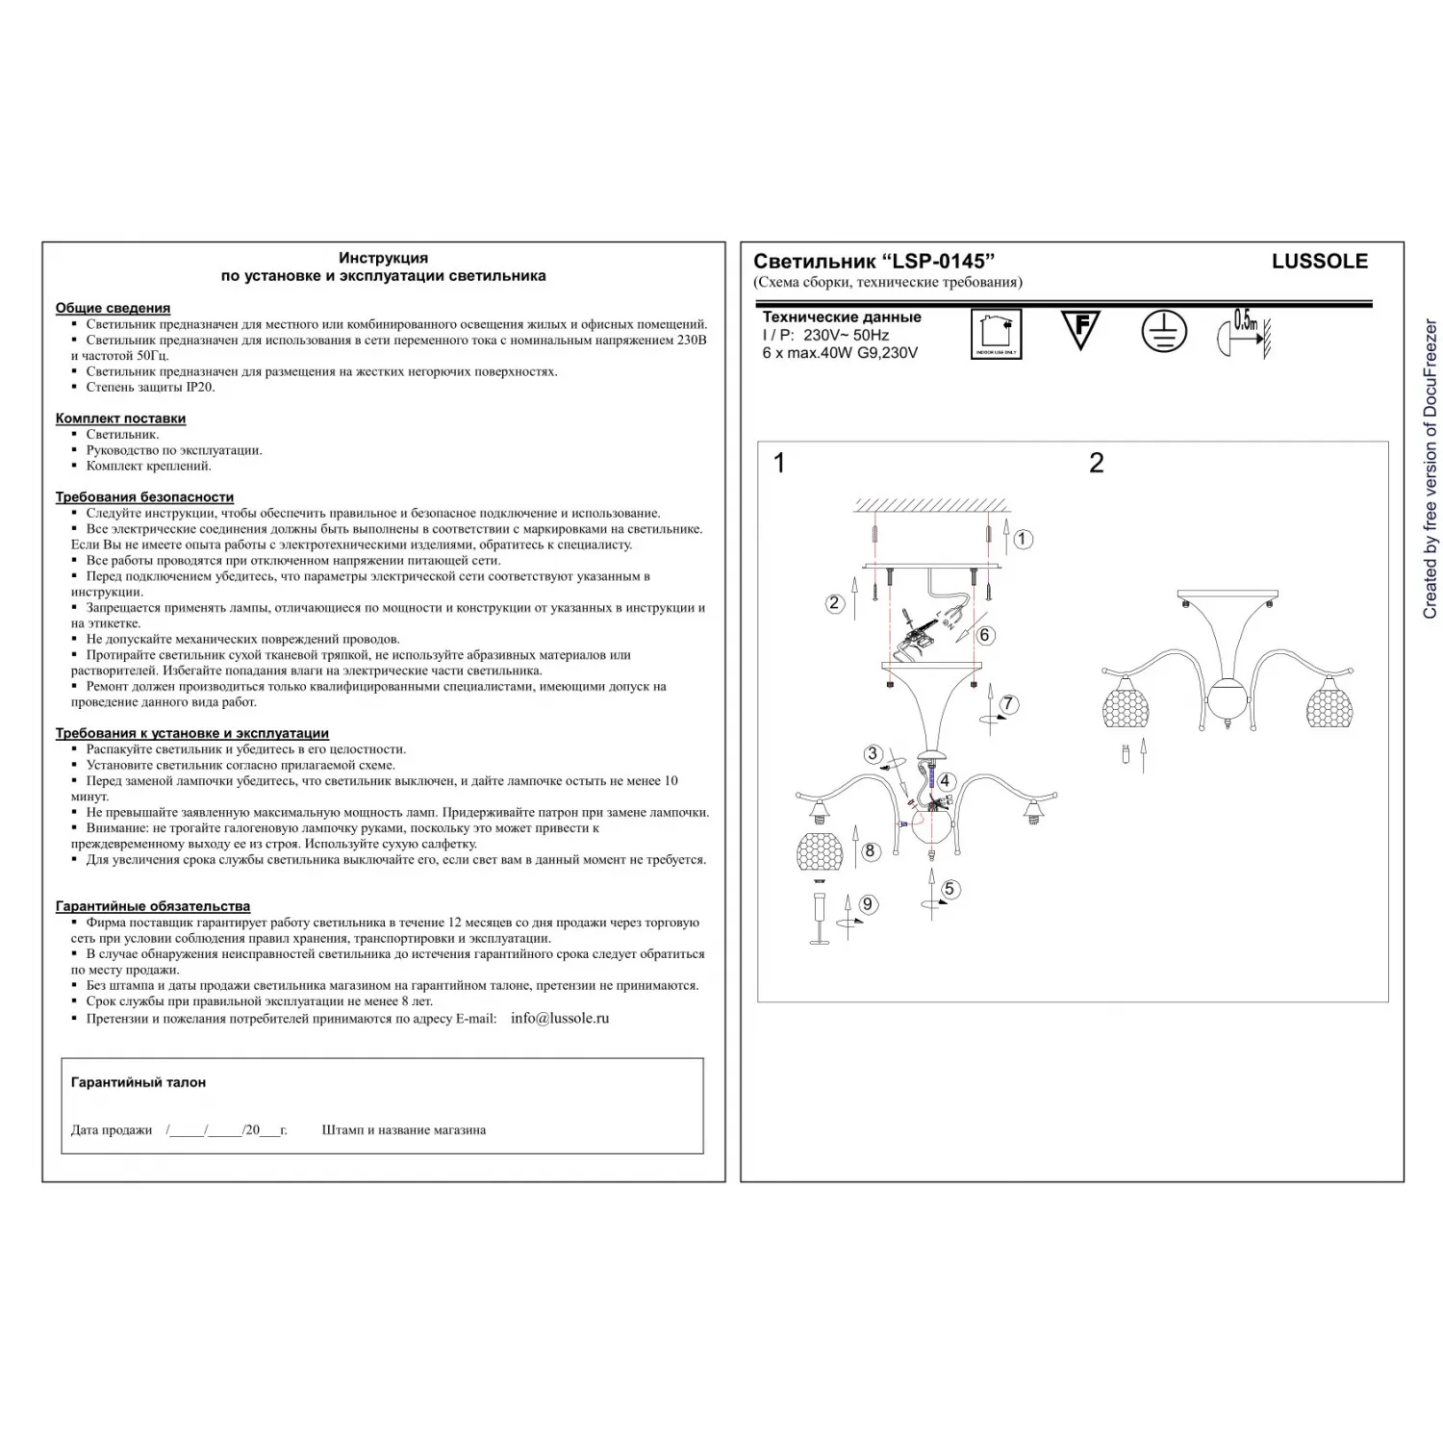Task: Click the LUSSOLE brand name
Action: tap(1319, 261)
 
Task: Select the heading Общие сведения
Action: tap(113, 308)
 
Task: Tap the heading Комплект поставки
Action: tap(120, 418)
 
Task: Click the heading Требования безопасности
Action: tap(144, 497)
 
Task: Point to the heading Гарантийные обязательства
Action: tap(152, 906)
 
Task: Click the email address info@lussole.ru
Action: tap(559, 1018)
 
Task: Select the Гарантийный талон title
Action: tap(138, 1082)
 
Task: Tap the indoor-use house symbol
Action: tap(996, 333)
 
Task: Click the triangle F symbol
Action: tap(1080, 330)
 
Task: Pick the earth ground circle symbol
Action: tap(1164, 332)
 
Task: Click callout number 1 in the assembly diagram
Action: tap(1023, 540)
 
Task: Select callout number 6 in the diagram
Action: tap(984, 635)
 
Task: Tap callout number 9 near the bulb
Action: tap(868, 903)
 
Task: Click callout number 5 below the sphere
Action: tap(949, 889)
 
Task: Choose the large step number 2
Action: tap(1096, 464)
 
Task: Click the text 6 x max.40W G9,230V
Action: tap(839, 353)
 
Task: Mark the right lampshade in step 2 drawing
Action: tap(1329, 702)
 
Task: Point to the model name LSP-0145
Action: tap(941, 261)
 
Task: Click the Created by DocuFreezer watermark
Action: tap(1430, 469)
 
